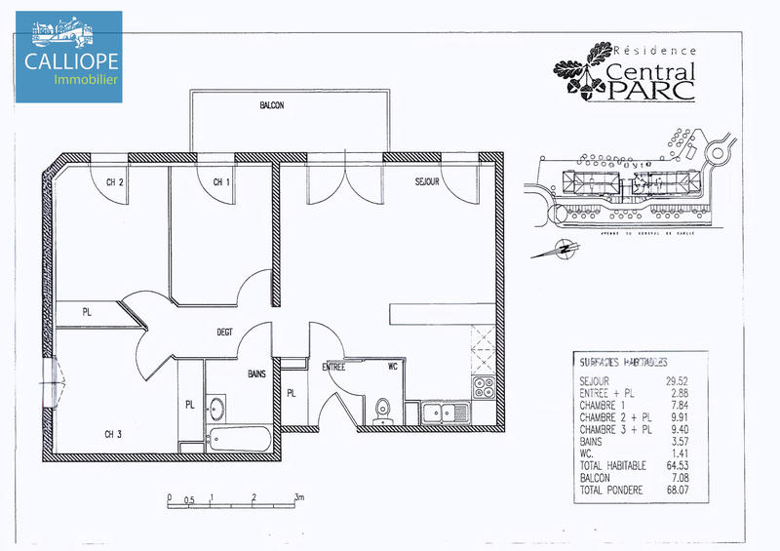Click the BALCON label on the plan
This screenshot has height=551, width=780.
[x=272, y=105]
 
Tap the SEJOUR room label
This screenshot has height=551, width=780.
[x=427, y=182]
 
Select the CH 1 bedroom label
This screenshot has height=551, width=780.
[x=221, y=182]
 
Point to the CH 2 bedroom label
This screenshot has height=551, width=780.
[x=115, y=182]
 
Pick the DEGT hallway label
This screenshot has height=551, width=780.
[x=225, y=333]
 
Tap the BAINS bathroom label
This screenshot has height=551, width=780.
[x=257, y=374]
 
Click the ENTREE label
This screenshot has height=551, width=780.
[x=334, y=368]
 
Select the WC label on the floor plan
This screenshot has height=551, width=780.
[x=392, y=368]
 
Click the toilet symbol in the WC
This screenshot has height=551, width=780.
[x=382, y=411]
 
